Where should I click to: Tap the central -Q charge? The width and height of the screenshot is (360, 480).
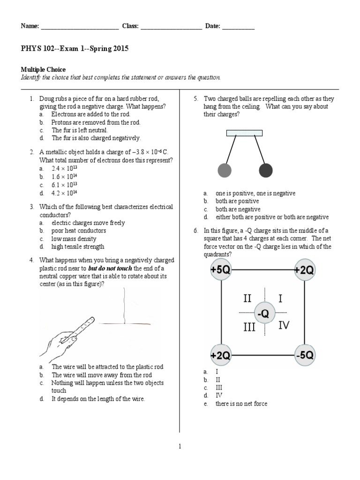point(264,313)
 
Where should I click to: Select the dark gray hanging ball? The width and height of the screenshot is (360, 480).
point(266,171)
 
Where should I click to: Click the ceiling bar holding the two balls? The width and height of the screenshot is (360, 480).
point(244,133)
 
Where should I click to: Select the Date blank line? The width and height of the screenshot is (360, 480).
point(238,27)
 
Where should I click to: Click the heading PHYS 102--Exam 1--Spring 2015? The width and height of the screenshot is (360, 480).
point(75,49)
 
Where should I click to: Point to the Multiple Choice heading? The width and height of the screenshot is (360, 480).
point(43,69)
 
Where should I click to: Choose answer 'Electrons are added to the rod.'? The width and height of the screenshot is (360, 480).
point(90,114)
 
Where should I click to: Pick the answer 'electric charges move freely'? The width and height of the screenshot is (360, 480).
point(88,223)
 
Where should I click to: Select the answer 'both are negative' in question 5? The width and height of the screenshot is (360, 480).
point(238,209)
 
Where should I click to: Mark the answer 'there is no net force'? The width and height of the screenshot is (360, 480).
point(241,404)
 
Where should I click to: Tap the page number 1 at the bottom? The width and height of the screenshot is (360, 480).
point(180,446)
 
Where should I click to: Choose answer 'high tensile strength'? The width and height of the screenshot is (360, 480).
point(78,247)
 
